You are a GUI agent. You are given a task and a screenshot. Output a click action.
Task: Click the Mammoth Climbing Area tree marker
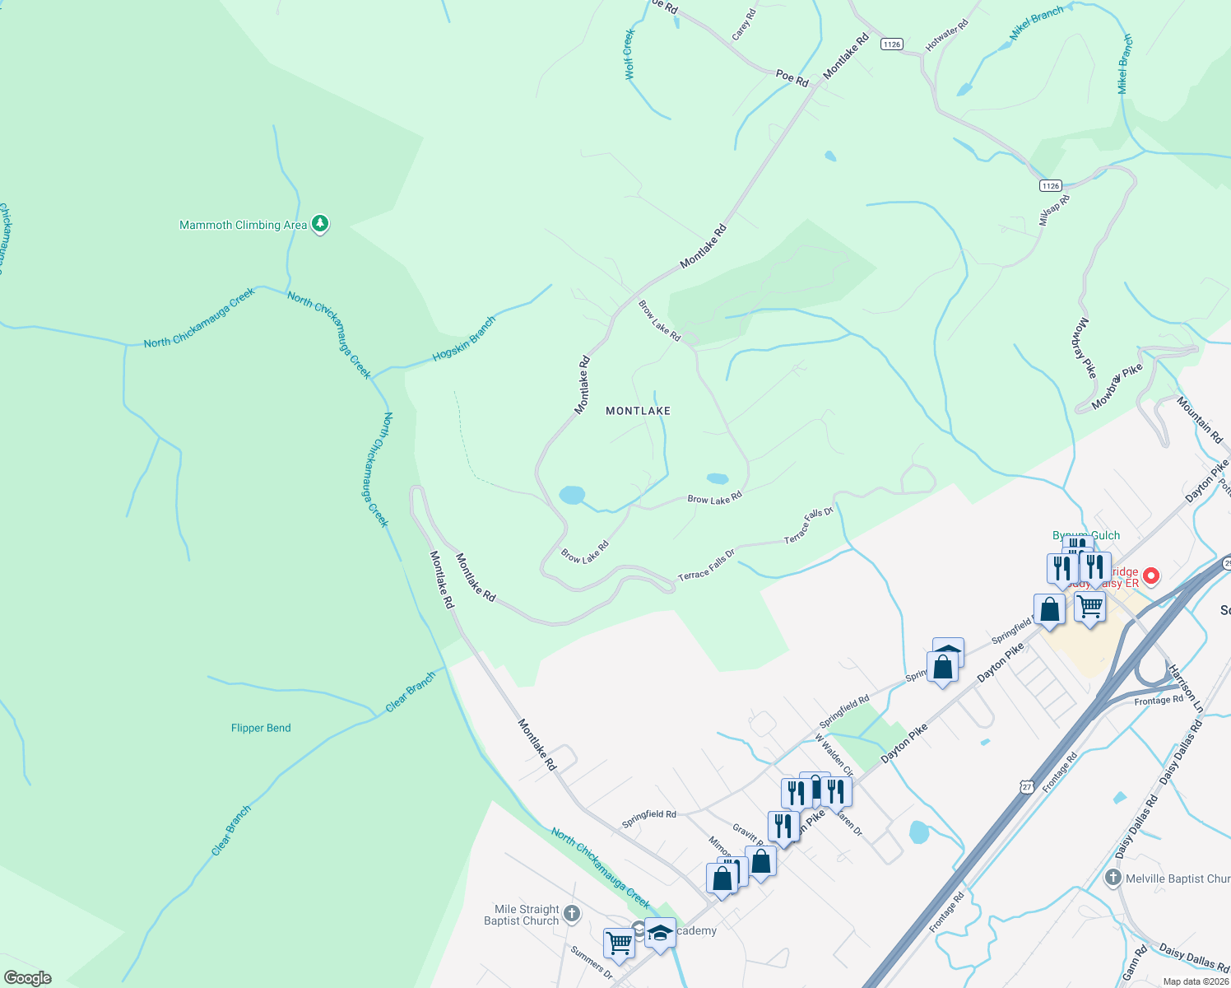320,224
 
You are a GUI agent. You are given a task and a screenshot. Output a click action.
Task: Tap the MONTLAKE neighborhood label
638,411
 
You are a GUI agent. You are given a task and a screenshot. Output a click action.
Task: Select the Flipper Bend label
261,728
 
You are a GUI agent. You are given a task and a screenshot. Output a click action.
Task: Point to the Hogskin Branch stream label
464,338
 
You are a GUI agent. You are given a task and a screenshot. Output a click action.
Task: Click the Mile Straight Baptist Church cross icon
571,914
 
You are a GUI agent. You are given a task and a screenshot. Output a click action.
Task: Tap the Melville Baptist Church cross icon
1113,878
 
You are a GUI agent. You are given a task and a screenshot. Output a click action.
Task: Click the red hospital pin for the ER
1151,576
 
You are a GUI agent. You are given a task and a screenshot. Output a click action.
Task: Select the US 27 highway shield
1026,787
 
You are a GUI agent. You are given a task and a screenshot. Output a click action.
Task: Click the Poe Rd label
792,78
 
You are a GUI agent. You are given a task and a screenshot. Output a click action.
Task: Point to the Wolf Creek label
629,54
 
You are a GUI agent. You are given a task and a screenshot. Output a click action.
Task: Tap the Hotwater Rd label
946,36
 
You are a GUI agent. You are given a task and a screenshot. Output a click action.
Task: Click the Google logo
27,978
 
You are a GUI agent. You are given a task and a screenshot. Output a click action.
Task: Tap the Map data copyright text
1196,981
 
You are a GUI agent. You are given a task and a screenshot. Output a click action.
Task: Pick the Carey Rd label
743,26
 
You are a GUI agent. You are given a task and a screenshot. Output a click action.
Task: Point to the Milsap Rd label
1053,211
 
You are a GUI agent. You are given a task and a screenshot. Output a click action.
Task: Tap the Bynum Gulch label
1086,535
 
